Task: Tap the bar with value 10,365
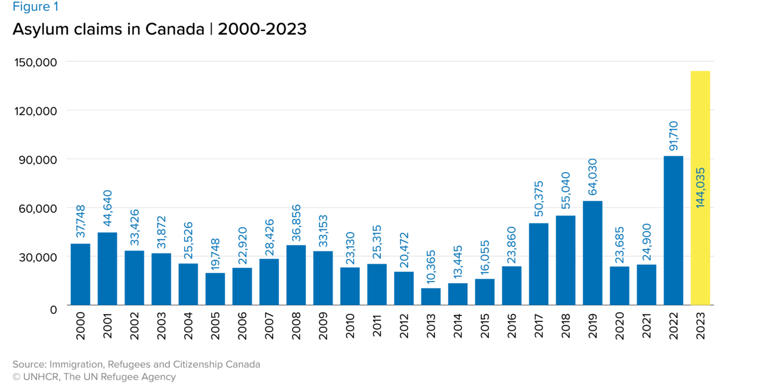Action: pos(430,296)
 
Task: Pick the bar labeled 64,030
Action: pos(593,253)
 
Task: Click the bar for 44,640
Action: pos(107,268)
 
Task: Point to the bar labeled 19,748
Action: pos(215,289)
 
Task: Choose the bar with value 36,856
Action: pos(296,274)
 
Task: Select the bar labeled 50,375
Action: pos(538,264)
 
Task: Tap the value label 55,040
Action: pos(566,191)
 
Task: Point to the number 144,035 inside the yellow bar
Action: pos(700,187)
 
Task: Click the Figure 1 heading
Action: pos(36,7)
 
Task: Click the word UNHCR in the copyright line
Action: pos(41,377)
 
